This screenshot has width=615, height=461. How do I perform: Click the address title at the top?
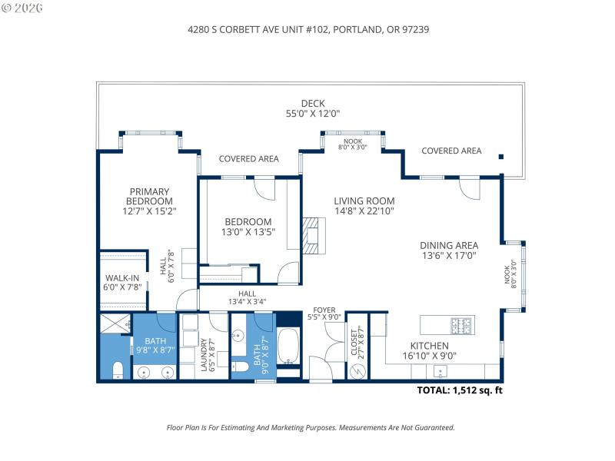[307, 29]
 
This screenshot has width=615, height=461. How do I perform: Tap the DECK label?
[312, 103]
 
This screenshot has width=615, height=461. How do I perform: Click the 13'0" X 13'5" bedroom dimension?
[248, 231]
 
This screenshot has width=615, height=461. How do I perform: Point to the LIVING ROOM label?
[364, 201]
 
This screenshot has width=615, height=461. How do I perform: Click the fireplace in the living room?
[309, 234]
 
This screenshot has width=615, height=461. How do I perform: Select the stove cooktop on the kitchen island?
[462, 325]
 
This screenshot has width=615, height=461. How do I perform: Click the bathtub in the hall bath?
[290, 347]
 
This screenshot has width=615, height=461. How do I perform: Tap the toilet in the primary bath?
[117, 371]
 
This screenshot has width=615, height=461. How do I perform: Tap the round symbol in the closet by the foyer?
[356, 370]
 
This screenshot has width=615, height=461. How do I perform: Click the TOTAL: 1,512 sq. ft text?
[460, 390]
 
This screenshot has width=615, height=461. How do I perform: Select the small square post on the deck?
[501, 157]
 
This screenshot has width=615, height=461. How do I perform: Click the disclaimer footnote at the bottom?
[311, 427]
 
